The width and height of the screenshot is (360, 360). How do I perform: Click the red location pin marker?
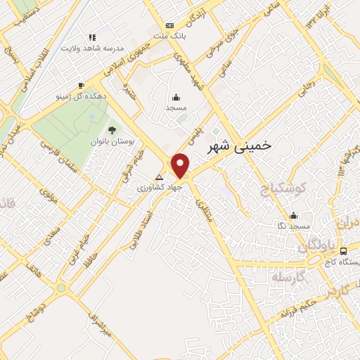(181, 165)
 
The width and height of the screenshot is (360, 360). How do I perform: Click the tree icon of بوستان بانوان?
(111, 129)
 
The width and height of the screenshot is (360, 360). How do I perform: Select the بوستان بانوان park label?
(111, 141)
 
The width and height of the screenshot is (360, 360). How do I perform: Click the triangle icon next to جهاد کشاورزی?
(159, 177)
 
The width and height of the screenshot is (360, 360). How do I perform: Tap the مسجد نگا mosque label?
(293, 226)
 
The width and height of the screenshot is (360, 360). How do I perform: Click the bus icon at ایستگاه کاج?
(343, 250)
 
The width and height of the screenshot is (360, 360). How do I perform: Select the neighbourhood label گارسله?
(289, 277)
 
